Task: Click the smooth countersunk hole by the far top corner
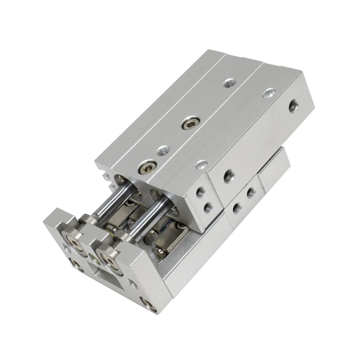(x=269, y=95)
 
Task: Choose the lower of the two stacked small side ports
(x=207, y=207)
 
